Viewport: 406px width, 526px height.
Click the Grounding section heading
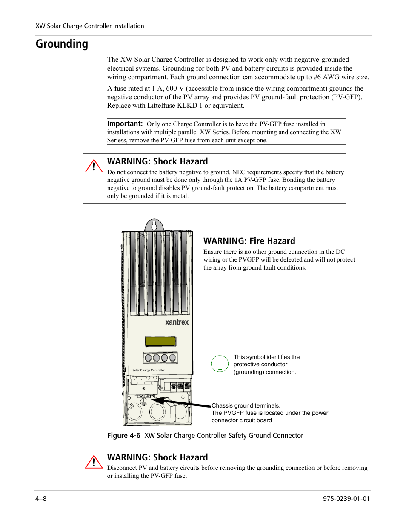(x=62, y=44)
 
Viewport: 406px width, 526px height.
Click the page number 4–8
(x=41, y=498)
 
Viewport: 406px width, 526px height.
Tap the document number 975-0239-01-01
(x=346, y=498)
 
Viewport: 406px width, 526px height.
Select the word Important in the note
(x=124, y=124)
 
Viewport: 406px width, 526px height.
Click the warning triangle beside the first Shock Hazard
(x=94, y=166)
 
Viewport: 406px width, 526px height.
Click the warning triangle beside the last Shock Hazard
(x=94, y=462)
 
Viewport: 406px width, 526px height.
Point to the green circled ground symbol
(x=220, y=364)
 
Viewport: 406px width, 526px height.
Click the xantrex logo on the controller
(x=177, y=322)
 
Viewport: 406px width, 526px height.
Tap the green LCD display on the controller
(x=160, y=341)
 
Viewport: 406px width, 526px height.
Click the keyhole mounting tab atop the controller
(x=154, y=225)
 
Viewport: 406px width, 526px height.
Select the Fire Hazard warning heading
(x=249, y=241)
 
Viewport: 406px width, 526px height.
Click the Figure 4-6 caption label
(x=123, y=435)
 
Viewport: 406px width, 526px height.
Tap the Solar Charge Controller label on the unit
(x=148, y=371)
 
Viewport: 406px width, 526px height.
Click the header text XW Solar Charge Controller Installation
(x=90, y=26)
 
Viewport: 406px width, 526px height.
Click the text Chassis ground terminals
(x=246, y=406)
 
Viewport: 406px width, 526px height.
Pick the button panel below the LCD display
(x=160, y=358)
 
